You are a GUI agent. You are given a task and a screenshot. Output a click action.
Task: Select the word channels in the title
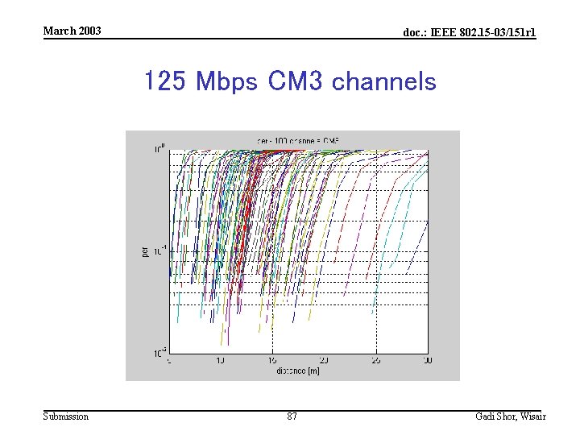coord(383,81)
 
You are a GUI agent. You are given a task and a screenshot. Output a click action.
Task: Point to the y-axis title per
coord(145,252)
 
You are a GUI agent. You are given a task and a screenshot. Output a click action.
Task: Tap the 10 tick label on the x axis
coord(220,361)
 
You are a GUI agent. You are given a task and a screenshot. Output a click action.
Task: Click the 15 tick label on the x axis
coord(272,361)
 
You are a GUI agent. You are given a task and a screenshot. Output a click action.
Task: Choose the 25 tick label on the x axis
coord(375,361)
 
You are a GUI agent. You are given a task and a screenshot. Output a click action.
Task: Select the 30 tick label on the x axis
coord(427,361)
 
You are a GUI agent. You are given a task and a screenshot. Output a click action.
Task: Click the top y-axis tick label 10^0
coord(161,148)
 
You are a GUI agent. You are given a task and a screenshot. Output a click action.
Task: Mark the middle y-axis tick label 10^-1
coord(160,249)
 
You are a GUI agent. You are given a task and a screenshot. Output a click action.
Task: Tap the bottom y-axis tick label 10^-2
coord(160,352)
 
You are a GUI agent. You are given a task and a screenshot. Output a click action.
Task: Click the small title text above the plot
coord(298,140)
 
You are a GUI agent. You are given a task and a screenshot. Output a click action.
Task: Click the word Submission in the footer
coord(66,416)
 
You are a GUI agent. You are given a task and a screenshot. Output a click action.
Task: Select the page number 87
coord(292,416)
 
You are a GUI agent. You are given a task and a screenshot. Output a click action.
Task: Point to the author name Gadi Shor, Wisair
coord(510,416)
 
